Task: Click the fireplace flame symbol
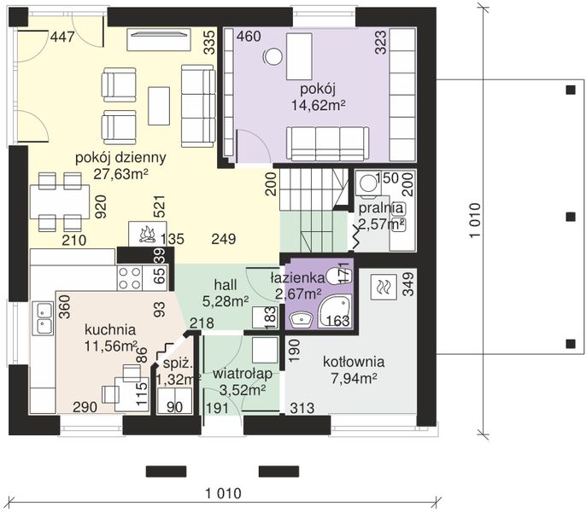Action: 148,235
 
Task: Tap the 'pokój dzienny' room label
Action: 120,158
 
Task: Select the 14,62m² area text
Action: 318,105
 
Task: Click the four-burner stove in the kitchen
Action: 129,278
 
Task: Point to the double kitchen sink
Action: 44,317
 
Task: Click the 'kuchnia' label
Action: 110,329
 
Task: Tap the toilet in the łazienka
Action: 337,276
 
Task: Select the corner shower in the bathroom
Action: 335,311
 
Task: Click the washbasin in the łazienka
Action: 301,319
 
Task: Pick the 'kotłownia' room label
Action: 353,362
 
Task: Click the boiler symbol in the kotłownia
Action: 383,288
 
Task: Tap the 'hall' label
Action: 226,284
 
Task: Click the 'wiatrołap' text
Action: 243,374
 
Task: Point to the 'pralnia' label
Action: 381,208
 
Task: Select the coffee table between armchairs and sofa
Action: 159,106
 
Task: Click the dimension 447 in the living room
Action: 62,37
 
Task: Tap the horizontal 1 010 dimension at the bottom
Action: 224,493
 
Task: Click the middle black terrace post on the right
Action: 571,217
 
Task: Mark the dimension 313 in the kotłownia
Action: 302,408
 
